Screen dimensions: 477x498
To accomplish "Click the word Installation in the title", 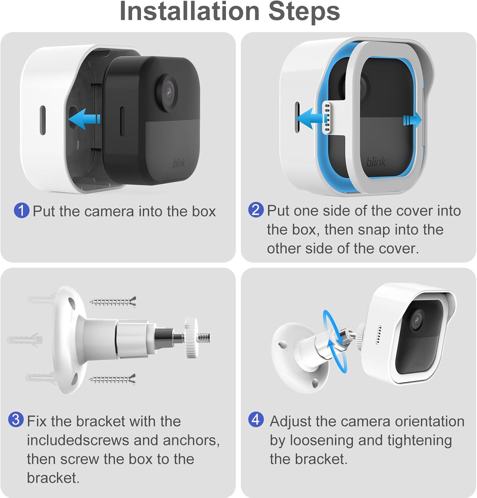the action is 189,11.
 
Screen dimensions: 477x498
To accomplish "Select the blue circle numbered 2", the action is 256,210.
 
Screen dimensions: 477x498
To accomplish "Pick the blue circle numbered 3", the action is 16,420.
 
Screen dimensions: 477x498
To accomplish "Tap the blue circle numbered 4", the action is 256,420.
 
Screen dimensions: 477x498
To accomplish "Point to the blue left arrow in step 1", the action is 84,119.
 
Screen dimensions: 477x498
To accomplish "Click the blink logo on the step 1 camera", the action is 179,163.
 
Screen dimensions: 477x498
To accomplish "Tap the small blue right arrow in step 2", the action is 412,120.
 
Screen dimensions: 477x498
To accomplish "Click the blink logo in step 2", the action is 376,162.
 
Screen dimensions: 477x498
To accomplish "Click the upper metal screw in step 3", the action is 113,302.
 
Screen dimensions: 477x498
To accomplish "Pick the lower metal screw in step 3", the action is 112,379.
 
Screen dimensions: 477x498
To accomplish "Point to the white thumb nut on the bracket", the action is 191,338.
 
